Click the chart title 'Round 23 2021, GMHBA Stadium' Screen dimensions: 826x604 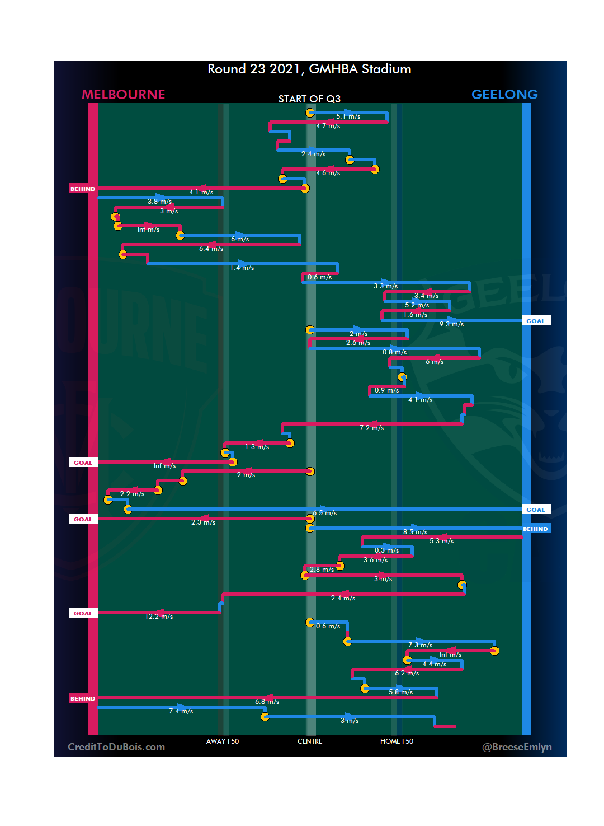pos(309,69)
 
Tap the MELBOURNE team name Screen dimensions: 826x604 pos(124,95)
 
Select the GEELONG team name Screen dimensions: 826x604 pos(504,95)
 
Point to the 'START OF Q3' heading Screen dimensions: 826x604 pos(309,99)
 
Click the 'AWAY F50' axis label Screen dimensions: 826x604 pos(223,741)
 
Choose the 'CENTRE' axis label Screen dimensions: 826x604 pos(310,741)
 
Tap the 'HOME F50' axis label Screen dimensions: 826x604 pos(397,741)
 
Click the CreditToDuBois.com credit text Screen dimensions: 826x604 pos(116,747)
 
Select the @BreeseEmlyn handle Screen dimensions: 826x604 pos(517,747)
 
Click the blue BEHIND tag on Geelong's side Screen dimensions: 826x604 pos(535,529)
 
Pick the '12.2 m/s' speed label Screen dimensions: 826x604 pos(159,617)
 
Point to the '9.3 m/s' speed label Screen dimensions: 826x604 pos(451,324)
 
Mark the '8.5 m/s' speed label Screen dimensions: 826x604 pos(415,532)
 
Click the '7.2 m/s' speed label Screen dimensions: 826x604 pos(371,428)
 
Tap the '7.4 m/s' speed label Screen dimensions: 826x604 pos(181,711)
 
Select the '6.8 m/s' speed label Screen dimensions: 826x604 pos(267,702)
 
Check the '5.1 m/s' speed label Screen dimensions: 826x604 pos(348,116)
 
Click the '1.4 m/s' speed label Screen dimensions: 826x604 pos(242,268)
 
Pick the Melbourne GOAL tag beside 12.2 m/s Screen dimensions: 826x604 pos(83,613)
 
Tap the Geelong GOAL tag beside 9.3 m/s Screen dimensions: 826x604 pos(535,321)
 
